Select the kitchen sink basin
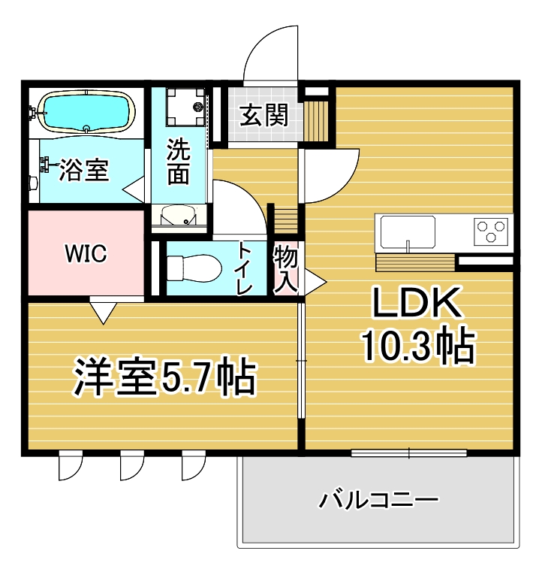(408, 231)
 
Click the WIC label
(85, 254)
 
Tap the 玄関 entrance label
(263, 116)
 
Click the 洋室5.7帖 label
(164, 378)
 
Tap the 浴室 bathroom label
(85, 170)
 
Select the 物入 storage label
(286, 268)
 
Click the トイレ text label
(245, 268)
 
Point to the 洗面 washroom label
(178, 161)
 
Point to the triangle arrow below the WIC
(103, 311)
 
